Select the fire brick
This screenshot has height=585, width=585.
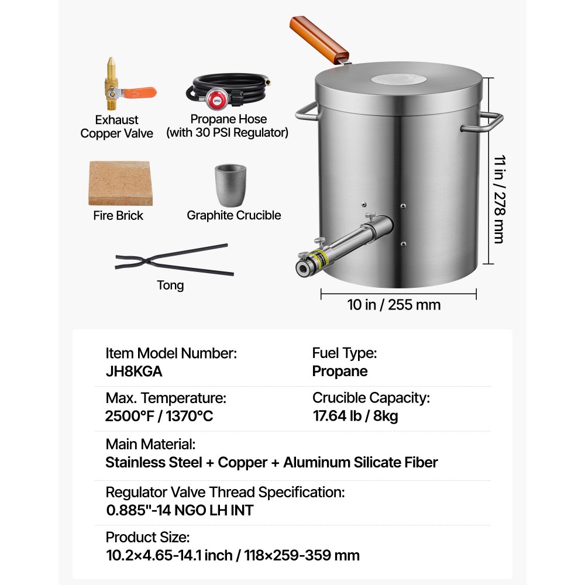[121, 184]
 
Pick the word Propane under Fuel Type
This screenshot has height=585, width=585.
[340, 371]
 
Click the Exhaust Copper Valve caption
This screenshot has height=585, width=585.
[117, 127]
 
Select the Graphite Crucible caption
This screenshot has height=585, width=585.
[233, 215]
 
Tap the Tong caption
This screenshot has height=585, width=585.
[170, 285]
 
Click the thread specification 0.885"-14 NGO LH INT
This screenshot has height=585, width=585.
[180, 510]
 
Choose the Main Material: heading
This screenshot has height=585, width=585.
[150, 444]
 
